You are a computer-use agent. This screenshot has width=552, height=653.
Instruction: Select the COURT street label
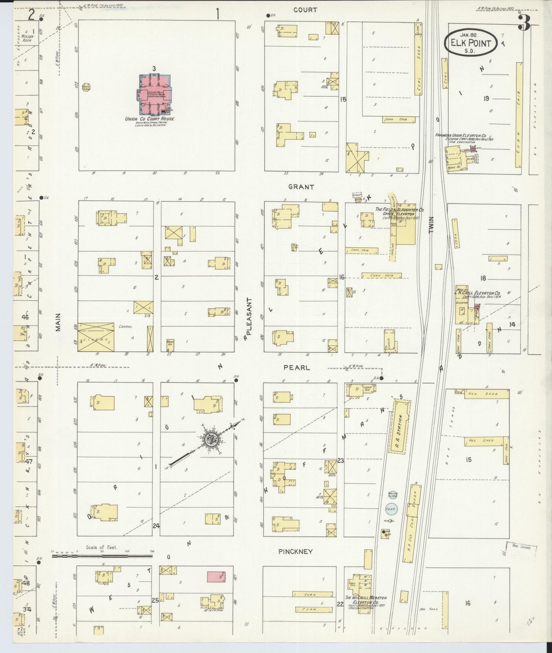click(x=305, y=10)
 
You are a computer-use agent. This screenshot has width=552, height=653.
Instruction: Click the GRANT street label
click(x=301, y=187)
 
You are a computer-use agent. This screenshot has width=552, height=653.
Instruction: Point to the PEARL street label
click(x=296, y=367)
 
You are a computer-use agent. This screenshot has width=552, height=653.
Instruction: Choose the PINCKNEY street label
click(x=296, y=551)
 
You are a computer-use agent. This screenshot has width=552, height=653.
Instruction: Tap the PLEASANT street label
click(x=249, y=316)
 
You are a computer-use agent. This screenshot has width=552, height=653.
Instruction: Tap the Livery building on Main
click(x=96, y=337)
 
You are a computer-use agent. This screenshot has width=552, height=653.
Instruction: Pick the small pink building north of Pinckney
click(x=216, y=577)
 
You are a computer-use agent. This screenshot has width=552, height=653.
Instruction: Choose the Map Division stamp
click(x=521, y=547)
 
